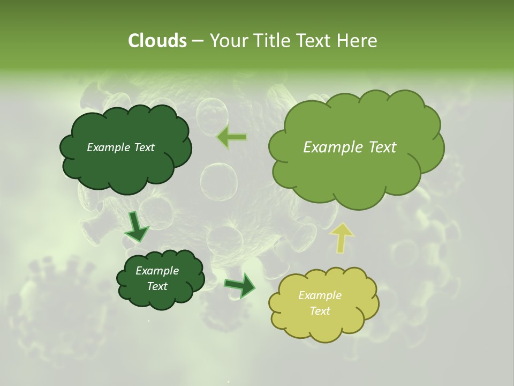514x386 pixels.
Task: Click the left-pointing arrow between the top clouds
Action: click(232, 137)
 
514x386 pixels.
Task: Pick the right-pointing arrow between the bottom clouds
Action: click(240, 286)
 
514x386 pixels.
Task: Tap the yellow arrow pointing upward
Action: click(342, 237)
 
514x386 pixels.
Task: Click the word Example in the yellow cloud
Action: click(320, 295)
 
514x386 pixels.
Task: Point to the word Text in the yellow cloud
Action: click(320, 311)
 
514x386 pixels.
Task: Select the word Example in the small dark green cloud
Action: click(157, 271)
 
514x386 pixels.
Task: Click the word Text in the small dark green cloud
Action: click(157, 286)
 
